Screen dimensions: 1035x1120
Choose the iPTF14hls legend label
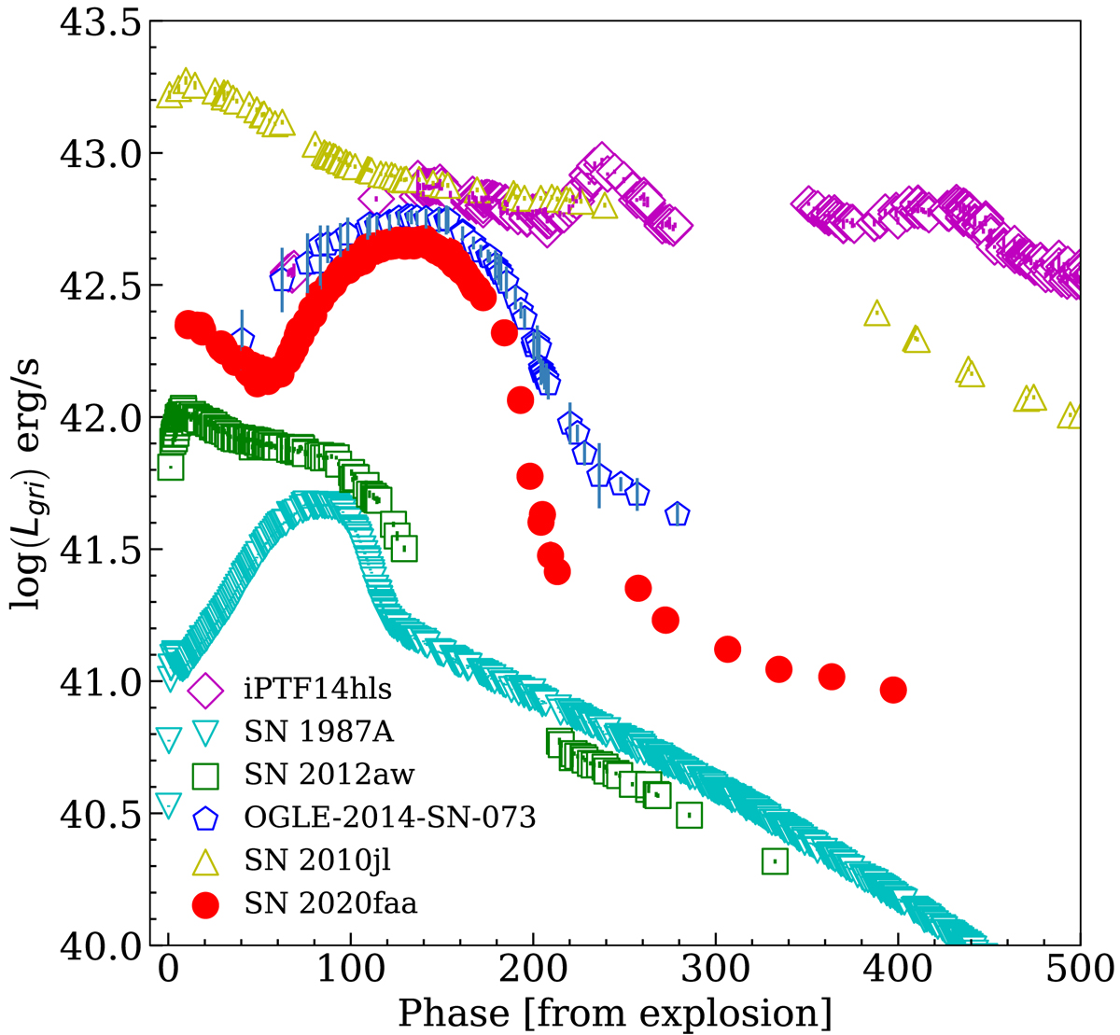311,691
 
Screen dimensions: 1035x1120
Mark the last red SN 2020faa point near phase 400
893,690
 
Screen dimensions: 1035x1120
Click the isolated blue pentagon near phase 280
678,513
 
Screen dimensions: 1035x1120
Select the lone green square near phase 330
775,860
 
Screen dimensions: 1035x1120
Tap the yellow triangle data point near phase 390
876,315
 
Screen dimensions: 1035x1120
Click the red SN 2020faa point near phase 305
727,649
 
